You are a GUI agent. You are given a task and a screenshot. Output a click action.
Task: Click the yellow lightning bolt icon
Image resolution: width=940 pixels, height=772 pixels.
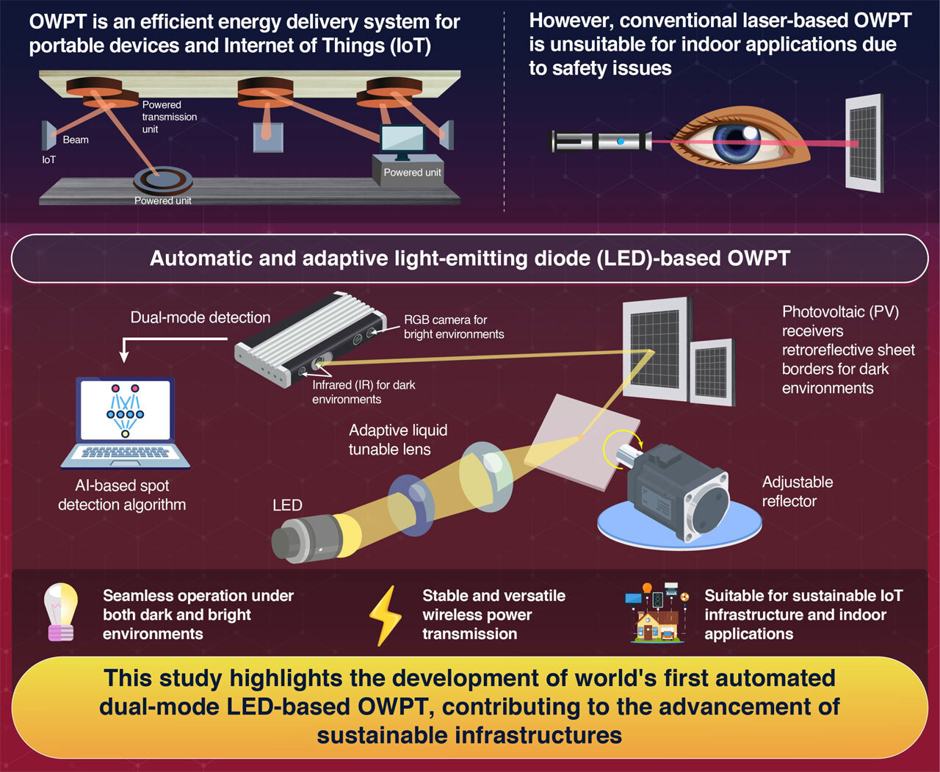tap(385, 616)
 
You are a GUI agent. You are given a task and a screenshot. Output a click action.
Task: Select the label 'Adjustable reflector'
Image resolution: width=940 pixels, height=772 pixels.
tap(798, 491)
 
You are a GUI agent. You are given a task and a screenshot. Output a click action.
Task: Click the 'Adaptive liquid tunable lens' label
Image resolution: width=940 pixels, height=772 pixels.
tap(397, 439)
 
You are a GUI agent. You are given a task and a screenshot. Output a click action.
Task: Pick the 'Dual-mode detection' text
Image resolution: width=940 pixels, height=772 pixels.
tap(200, 317)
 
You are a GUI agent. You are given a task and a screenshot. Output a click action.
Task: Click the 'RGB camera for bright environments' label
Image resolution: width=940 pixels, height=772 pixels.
tap(453, 327)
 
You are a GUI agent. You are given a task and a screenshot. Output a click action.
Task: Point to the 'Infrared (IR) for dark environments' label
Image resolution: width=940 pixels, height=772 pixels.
tap(364, 392)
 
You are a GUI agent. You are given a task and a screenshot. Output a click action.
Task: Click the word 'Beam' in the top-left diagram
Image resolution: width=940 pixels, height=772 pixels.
tap(76, 140)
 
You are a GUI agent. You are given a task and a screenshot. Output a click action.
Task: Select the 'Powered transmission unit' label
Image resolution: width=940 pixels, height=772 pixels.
tap(169, 117)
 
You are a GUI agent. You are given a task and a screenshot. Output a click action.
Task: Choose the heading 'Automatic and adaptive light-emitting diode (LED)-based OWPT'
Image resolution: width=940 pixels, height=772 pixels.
tap(469, 259)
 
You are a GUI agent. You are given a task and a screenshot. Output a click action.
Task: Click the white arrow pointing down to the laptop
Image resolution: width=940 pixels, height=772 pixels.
tap(124, 353)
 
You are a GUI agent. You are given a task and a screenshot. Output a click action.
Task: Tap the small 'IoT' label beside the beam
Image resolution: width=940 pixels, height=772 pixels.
tap(48, 159)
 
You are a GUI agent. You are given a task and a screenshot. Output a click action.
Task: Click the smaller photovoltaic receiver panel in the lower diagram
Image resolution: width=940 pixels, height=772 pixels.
tap(711, 372)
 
